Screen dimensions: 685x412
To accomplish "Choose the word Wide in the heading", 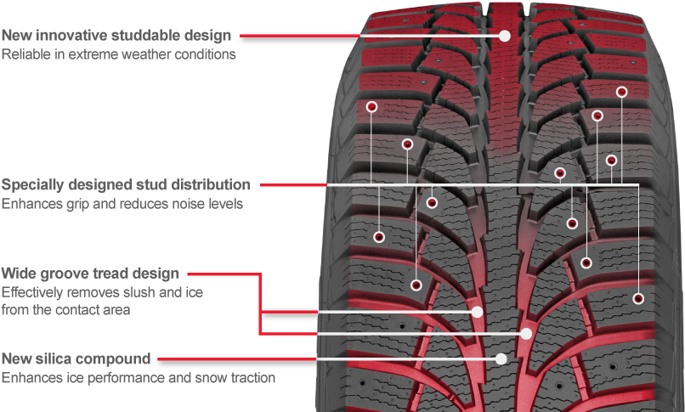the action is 17,274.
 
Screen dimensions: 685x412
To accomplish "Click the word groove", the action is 59,274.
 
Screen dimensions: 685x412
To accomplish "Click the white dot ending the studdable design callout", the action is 505,36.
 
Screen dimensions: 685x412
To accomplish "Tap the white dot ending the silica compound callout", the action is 501,358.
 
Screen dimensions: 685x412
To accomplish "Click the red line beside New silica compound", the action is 237,359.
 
